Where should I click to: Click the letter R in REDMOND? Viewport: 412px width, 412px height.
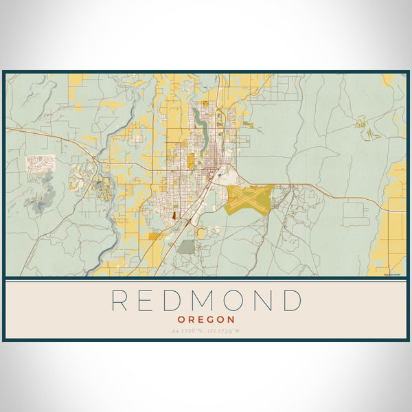click(x=119, y=300)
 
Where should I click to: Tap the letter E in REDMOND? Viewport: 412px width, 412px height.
click(x=150, y=300)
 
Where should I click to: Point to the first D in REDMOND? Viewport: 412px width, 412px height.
click(x=177, y=300)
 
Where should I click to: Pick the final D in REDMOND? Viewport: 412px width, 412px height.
click(x=292, y=300)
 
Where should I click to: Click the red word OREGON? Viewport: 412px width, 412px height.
click(x=206, y=319)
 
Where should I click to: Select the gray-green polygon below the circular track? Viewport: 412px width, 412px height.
click(x=186, y=247)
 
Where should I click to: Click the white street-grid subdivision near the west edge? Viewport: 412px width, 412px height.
click(x=41, y=163)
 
